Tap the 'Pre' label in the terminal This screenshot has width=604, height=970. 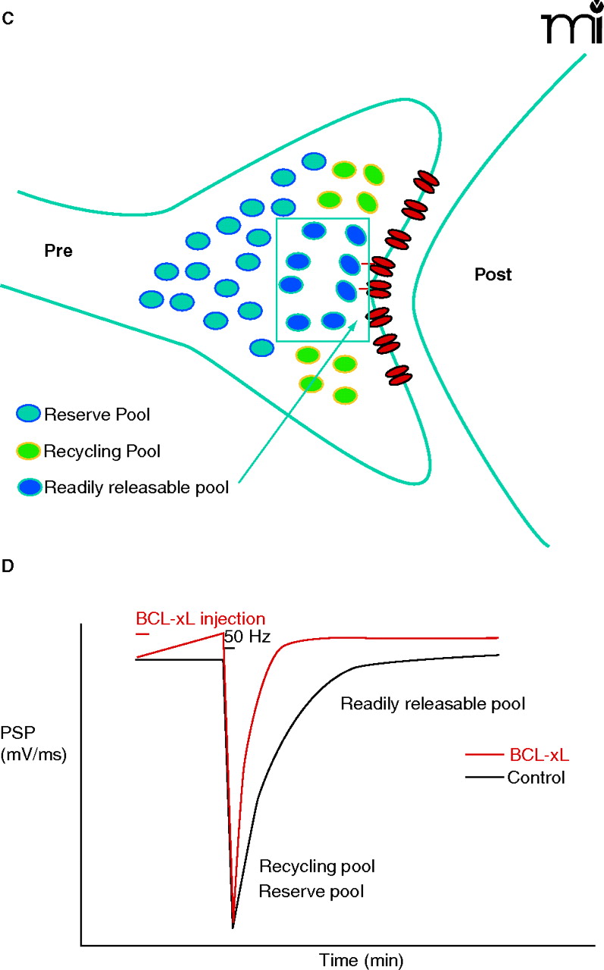pyautogui.click(x=58, y=251)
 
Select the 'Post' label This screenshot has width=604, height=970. pyautogui.click(x=493, y=274)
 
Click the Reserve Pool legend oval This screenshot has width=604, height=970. pyautogui.click(x=29, y=415)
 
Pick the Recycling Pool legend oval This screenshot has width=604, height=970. pyautogui.click(x=29, y=452)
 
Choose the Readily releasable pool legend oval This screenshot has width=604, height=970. pyautogui.click(x=29, y=486)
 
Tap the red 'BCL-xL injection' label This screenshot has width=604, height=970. pyautogui.click(x=200, y=618)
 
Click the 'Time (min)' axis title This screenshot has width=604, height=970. pyautogui.click(x=350, y=959)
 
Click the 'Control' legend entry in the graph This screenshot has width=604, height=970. pyautogui.click(x=537, y=778)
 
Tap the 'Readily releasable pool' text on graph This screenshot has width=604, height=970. pyautogui.click(x=433, y=704)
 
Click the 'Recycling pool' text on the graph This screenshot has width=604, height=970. pyautogui.click(x=318, y=865)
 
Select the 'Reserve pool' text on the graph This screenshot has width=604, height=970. pyautogui.click(x=311, y=891)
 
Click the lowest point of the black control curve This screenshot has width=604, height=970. pyautogui.click(x=233, y=928)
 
